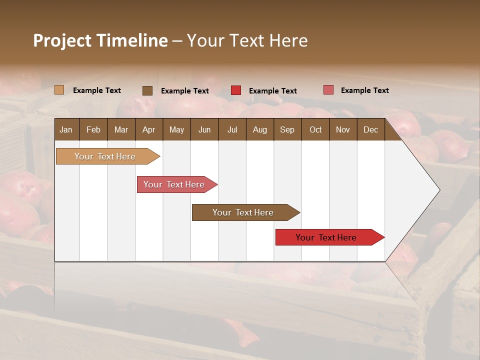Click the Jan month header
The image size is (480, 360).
point(66,129)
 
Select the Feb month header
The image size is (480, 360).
point(93,129)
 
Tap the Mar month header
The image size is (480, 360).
point(121,129)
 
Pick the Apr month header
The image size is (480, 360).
point(148,129)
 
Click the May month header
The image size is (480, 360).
point(176,129)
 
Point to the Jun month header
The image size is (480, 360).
point(204,129)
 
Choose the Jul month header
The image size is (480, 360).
point(232,129)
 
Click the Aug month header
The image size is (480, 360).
point(260,129)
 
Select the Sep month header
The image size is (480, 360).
point(287,129)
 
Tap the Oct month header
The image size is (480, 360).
point(315,129)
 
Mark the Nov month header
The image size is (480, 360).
point(343,129)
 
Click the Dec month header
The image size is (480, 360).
point(371,129)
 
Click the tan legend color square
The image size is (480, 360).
point(59,90)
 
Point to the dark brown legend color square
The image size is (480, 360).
point(147,90)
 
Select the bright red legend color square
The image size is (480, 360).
point(235,90)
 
